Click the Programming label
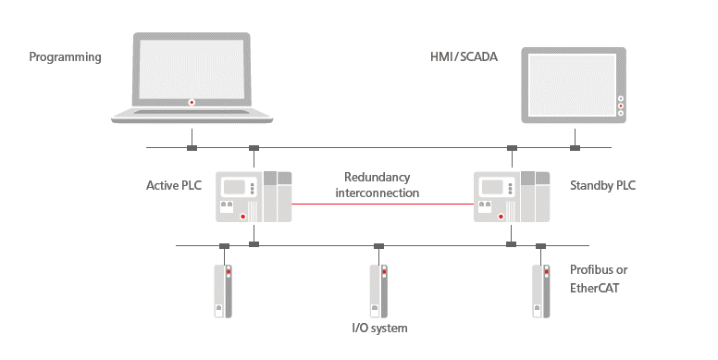[65, 57]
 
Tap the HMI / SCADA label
[464, 56]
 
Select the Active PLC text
[174, 185]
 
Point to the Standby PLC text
[602, 185]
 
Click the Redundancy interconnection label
[378, 185]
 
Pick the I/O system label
[379, 328]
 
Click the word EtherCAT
[594, 288]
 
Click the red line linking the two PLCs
[382, 204]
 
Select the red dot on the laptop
[192, 102]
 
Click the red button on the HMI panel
[621, 106]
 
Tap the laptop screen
[192, 69]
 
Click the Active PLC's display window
[234, 187]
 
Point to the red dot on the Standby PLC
[501, 217]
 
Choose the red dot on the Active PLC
[243, 217]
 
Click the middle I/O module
[378, 291]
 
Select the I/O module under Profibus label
[540, 291]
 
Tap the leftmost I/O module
[223, 291]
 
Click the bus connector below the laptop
[192, 148]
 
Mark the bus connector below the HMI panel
[575, 148]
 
